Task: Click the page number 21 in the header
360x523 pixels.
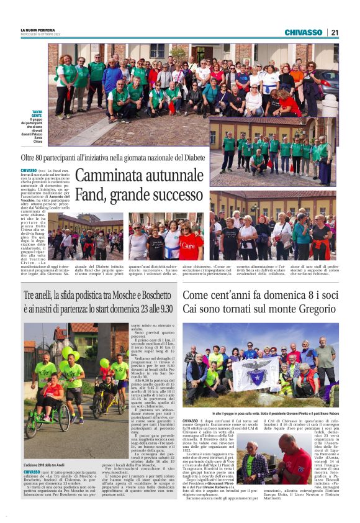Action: (335, 32)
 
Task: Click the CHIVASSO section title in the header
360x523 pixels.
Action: (303, 32)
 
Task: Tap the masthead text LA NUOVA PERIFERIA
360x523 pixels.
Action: (39, 29)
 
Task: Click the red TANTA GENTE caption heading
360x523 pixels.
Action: (37, 114)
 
